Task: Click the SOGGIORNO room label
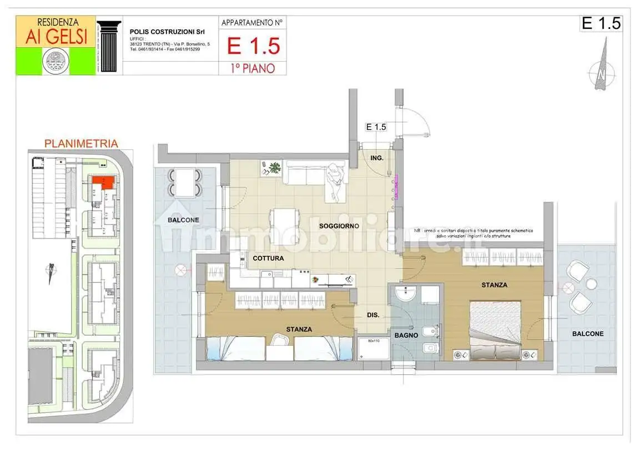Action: tap(339, 226)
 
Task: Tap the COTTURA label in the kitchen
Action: tap(268, 259)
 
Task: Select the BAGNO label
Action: tap(406, 336)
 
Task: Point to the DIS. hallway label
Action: tap(373, 315)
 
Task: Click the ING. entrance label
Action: tap(377, 158)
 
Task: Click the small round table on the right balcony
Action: tap(591, 284)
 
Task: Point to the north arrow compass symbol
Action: tap(601, 69)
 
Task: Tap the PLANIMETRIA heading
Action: tap(80, 144)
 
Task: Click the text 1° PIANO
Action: tap(253, 68)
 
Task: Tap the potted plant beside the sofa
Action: tap(273, 168)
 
